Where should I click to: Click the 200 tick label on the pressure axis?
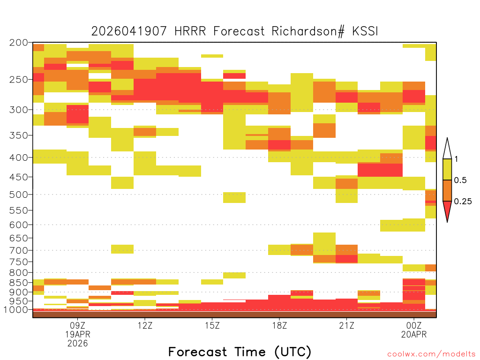(19, 43)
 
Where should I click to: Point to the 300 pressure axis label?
(19, 110)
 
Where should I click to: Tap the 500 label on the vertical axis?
(19, 195)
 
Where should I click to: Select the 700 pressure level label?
(19, 250)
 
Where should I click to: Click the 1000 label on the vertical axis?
(16, 310)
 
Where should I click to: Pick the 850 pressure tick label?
(19, 283)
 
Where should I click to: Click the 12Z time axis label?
(145, 325)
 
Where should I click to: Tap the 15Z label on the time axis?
(212, 325)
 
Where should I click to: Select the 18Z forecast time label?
(279, 325)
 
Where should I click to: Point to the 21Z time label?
(346, 325)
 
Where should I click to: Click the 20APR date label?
(414, 334)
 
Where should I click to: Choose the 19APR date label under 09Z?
(78, 334)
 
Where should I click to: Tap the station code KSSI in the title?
(365, 31)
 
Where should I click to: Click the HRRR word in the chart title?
(190, 31)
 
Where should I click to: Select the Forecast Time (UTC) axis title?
(240, 352)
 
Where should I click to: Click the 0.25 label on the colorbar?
(463, 202)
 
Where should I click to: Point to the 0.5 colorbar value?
(460, 180)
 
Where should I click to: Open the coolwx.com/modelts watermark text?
(431, 354)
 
